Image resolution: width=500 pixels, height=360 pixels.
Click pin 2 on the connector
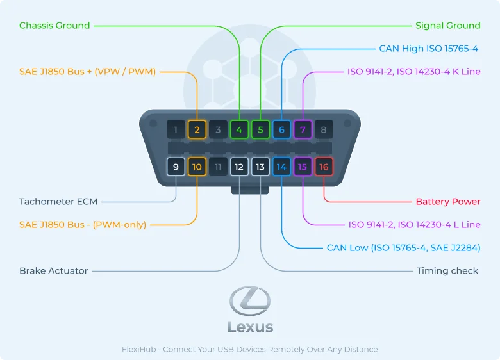(x=197, y=130)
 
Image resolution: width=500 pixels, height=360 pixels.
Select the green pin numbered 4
(x=239, y=130)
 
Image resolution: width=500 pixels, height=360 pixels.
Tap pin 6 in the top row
(x=281, y=130)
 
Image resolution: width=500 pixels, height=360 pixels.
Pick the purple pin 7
(x=303, y=130)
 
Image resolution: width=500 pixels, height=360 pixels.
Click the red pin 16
(x=324, y=167)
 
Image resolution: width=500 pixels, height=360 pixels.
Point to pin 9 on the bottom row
(x=176, y=167)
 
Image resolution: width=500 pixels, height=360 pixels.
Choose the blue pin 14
(x=281, y=167)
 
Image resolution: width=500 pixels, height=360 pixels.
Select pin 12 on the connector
(x=239, y=167)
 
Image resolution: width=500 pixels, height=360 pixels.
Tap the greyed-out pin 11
(x=218, y=167)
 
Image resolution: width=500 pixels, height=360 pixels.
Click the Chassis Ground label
(x=54, y=26)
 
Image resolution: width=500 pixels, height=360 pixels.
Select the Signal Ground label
(x=447, y=26)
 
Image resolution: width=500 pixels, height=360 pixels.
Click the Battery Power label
(x=448, y=202)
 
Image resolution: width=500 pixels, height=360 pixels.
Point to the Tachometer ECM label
(x=58, y=202)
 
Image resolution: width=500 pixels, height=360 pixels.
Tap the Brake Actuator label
(x=54, y=271)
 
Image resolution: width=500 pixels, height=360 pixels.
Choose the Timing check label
(x=447, y=271)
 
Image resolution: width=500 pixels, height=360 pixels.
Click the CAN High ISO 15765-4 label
(x=429, y=49)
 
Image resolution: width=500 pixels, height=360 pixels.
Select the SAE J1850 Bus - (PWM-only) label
(x=83, y=225)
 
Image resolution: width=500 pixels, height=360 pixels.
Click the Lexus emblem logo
(x=250, y=301)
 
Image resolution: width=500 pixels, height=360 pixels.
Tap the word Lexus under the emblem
(x=250, y=327)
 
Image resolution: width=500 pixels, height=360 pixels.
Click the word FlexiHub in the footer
(x=140, y=350)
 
